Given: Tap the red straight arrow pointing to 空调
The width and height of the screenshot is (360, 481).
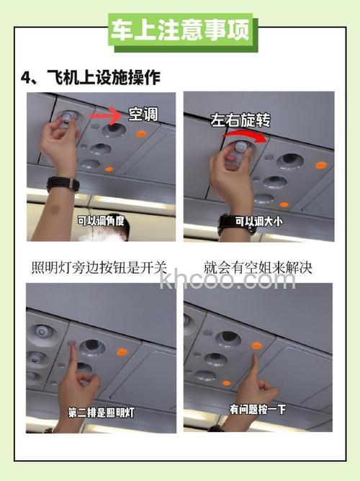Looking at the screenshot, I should point(108,114).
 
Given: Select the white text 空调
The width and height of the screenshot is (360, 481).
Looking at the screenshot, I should point(142,114).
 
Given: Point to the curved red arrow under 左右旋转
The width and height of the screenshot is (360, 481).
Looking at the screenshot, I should point(248,135).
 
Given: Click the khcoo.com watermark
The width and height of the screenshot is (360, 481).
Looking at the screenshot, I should point(228,281).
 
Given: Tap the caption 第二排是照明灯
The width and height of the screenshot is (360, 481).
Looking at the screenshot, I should point(100,413).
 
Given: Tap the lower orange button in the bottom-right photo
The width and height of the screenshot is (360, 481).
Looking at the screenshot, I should point(226,382).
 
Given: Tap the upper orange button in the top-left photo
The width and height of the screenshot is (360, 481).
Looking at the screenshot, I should point(141,133).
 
